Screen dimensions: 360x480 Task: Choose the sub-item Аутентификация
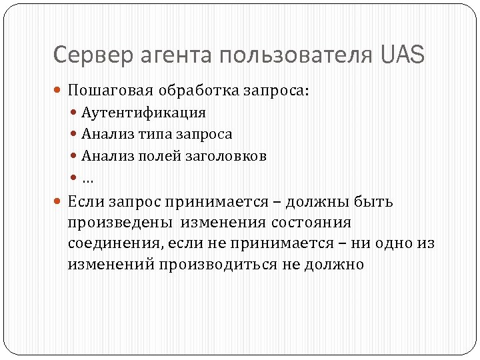(x=143, y=113)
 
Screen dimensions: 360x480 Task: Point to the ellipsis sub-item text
(x=87, y=179)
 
